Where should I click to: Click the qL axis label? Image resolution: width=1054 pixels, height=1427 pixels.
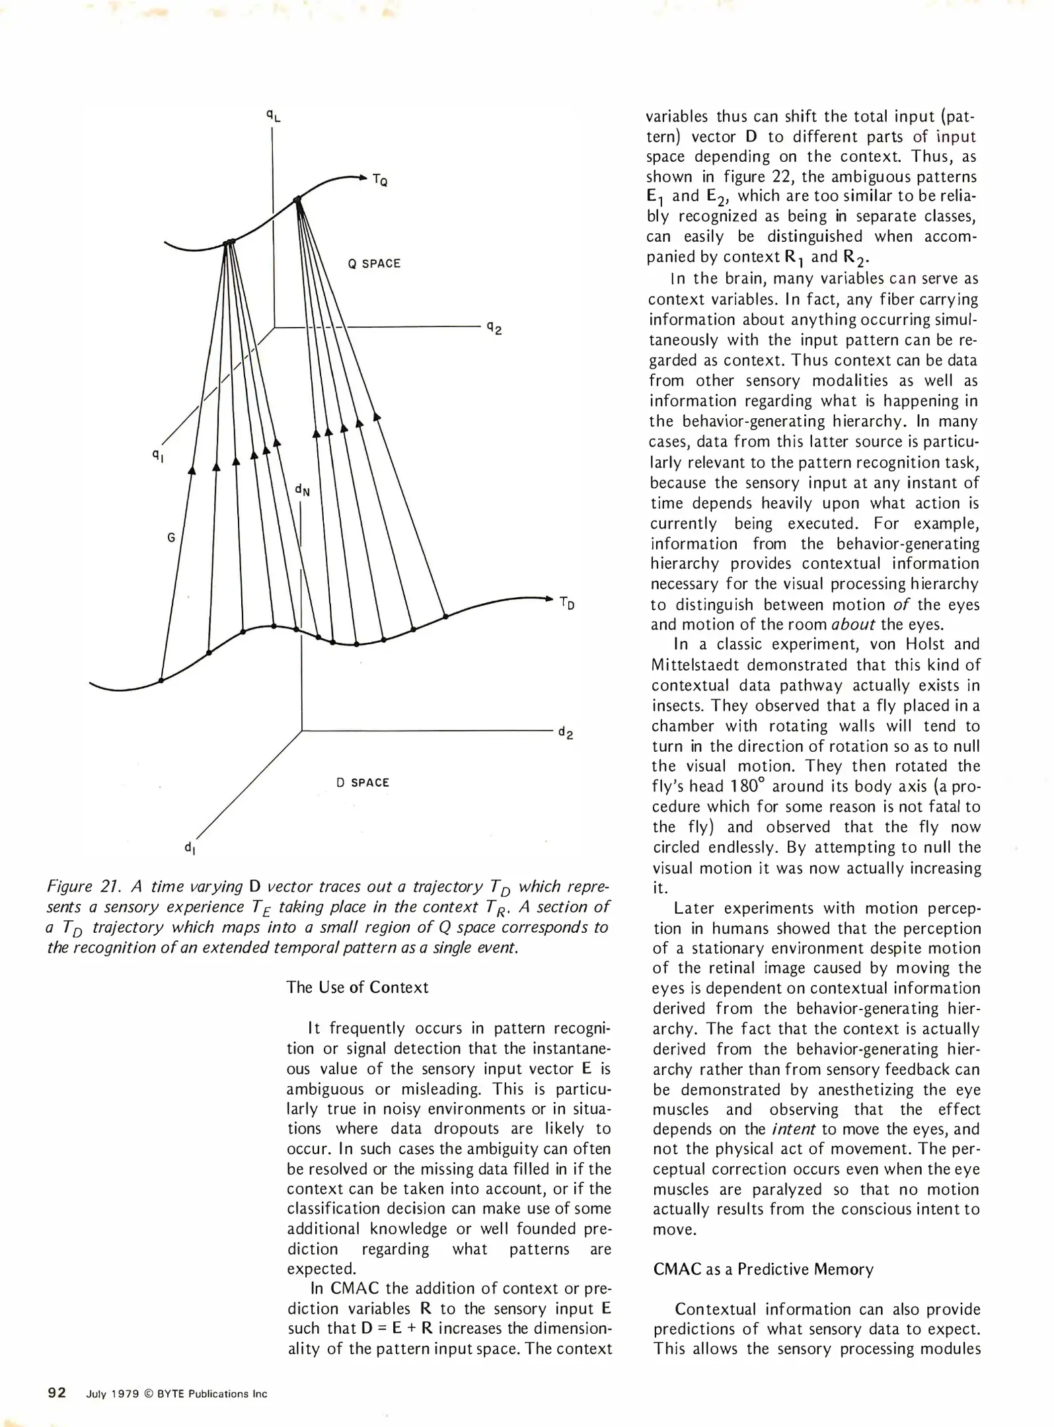click(273, 116)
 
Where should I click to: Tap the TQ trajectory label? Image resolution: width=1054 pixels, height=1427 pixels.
click(379, 180)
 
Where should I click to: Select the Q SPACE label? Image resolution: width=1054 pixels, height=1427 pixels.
click(374, 264)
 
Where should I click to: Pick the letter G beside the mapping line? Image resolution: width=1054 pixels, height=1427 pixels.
click(171, 537)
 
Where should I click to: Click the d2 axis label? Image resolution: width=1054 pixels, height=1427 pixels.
click(565, 732)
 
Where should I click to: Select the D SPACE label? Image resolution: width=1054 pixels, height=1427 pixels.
click(363, 783)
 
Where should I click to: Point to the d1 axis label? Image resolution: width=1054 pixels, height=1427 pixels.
click(189, 847)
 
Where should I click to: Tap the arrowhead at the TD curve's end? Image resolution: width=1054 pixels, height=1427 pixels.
click(548, 599)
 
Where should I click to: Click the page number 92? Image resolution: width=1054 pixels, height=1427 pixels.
click(57, 1393)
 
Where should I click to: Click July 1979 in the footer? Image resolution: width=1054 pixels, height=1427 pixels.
click(112, 1394)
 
